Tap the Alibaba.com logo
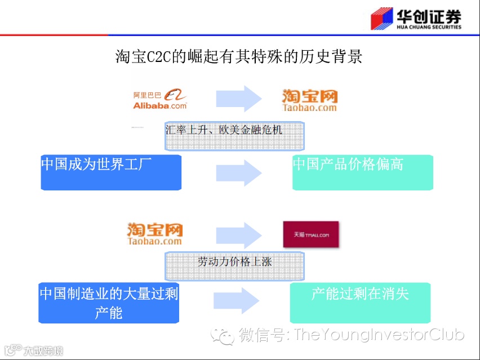[x=160, y=100]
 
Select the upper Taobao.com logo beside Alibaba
[x=309, y=100]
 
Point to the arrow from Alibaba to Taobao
[x=238, y=99]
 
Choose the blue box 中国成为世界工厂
[x=111, y=172]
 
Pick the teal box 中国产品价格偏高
[x=362, y=172]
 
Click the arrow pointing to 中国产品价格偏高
[x=238, y=172]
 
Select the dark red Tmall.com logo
[x=310, y=234]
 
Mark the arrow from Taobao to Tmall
[x=238, y=233]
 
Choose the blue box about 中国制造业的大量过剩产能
[x=109, y=303]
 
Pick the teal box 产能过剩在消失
[x=360, y=302]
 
